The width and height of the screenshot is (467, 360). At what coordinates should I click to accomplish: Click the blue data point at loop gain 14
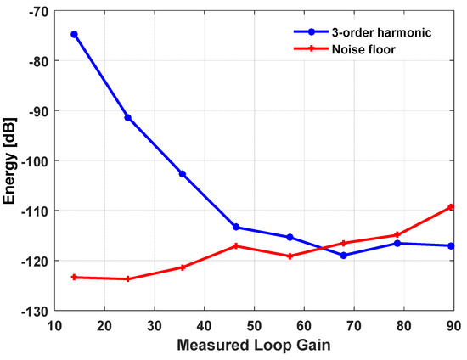click(75, 35)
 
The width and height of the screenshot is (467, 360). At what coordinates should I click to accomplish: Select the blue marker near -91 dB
click(128, 117)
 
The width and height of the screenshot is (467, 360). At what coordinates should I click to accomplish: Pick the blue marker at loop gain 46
click(236, 227)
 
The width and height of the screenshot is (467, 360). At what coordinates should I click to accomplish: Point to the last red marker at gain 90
click(451, 207)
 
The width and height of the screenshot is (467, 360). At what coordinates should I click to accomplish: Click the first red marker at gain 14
click(75, 277)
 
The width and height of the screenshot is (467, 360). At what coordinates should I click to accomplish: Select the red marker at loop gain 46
click(236, 246)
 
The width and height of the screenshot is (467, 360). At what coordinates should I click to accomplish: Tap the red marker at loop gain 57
click(290, 256)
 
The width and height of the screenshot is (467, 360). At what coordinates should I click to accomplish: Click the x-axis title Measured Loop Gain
click(252, 346)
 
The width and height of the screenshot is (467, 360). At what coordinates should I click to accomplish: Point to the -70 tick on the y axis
click(37, 11)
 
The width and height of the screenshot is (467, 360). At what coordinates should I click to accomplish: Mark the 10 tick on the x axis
click(54, 324)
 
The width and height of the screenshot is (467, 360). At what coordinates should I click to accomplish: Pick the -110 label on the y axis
click(35, 211)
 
